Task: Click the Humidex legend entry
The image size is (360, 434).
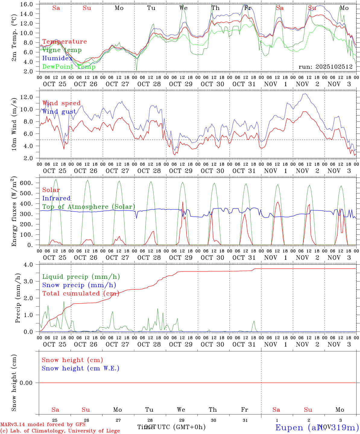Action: click(x=57, y=58)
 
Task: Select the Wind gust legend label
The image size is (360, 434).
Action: click(x=59, y=112)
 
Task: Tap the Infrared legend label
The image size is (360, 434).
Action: click(x=56, y=198)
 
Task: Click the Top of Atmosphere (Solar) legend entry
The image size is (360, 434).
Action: click(x=89, y=207)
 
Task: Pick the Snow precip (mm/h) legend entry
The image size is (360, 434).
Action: click(x=79, y=285)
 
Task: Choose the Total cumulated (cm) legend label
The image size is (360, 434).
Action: click(x=81, y=294)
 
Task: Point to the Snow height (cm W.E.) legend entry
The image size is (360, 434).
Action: click(x=81, y=368)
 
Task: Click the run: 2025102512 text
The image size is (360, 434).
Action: click(x=326, y=67)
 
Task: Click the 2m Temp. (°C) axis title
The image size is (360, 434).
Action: click(x=14, y=42)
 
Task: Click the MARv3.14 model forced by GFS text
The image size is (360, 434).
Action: click(x=43, y=425)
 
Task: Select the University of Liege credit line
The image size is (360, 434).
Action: click(x=60, y=431)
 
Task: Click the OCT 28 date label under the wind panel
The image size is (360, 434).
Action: click(x=149, y=171)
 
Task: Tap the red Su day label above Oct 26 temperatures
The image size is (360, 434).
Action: click(x=87, y=8)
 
